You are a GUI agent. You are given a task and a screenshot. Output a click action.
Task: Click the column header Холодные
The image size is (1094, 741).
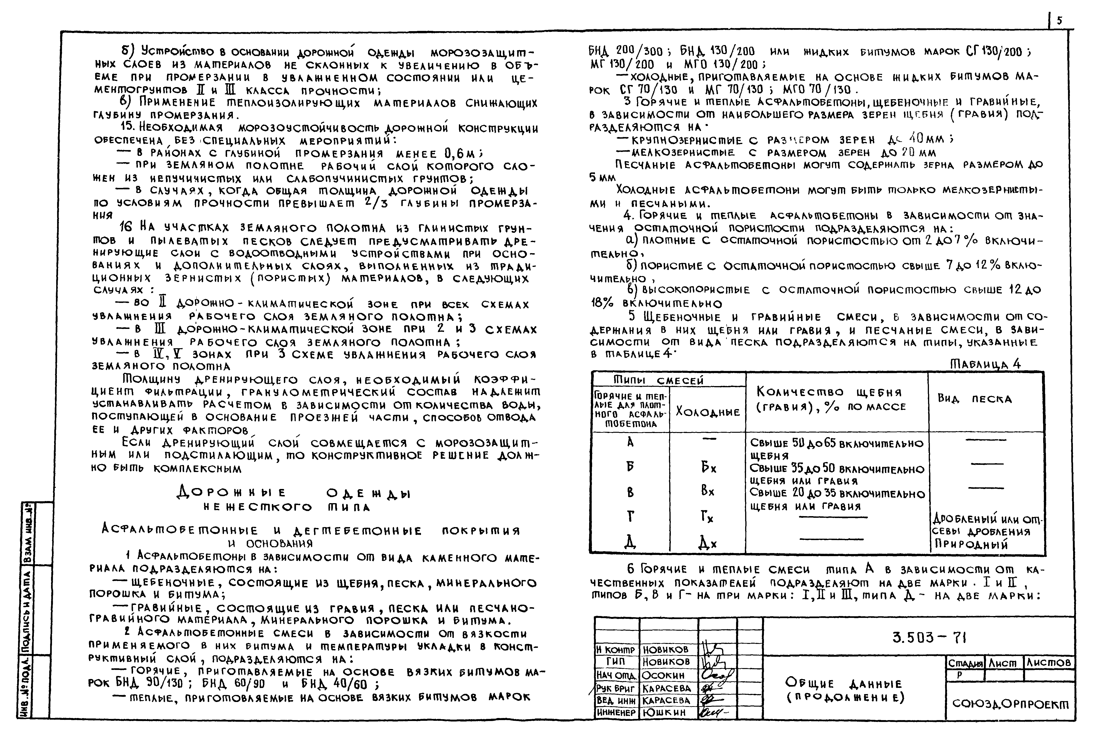point(708,412)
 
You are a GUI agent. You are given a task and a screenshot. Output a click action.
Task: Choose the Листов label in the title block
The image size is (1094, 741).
point(1049,663)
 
